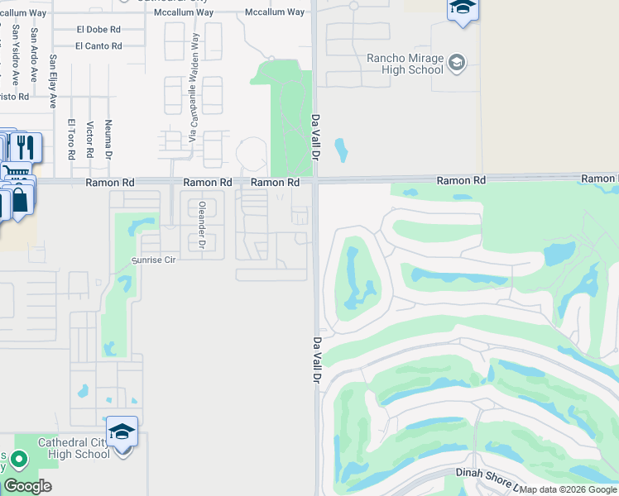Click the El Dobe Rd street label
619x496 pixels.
pos(98,29)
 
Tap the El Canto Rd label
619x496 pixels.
pos(98,46)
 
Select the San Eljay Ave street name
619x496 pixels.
pos(53,81)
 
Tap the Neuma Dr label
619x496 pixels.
pos(108,138)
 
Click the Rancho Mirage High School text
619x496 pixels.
pos(405,64)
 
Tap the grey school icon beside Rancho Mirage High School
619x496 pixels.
pos(457,63)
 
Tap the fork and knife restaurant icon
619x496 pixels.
pos(25,147)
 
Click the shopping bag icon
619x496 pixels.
pos(21,200)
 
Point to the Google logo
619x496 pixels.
pos(28,486)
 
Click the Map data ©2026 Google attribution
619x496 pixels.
pos(568,489)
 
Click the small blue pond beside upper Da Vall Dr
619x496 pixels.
pos(341,150)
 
